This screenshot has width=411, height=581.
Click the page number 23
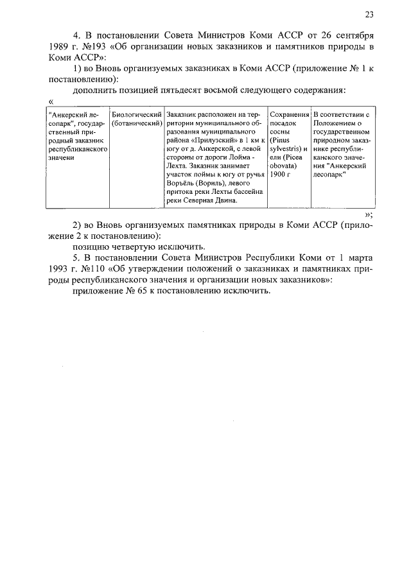click(x=369, y=15)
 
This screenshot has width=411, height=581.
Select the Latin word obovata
click(x=283, y=165)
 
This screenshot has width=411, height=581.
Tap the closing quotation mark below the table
click(x=368, y=214)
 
